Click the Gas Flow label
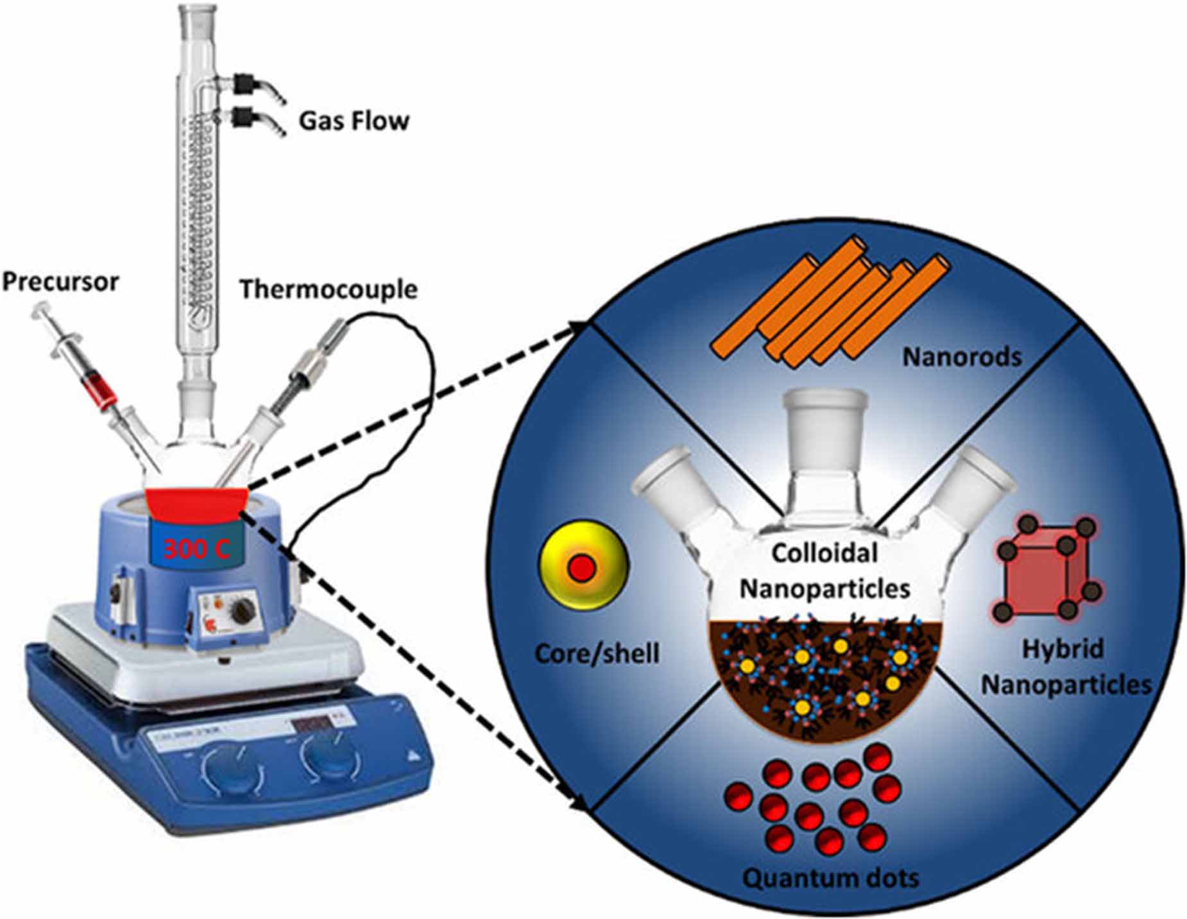[354, 121]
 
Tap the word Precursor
[61, 282]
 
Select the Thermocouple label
[329, 289]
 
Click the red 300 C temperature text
[196, 549]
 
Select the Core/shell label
[597, 654]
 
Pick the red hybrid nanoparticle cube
[1046, 570]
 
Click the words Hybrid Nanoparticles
[1065, 667]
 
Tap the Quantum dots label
[830, 877]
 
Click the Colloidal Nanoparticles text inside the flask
[824, 570]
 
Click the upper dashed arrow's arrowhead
[581, 329]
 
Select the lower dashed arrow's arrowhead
[581, 803]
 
